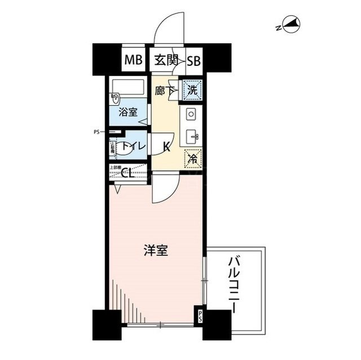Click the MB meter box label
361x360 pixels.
coord(134,59)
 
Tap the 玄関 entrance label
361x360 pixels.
coord(164,59)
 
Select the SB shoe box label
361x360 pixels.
coord(193,59)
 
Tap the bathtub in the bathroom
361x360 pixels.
coord(128,90)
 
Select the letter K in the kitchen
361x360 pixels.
coord(166,148)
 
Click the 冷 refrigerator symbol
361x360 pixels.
coord(192,158)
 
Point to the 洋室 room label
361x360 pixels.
coord(155,251)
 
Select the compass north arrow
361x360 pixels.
coord(291,25)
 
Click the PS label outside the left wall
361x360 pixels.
coord(96,133)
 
